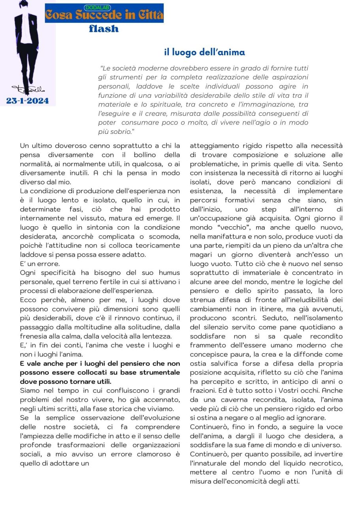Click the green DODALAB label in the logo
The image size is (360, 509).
click(98, 8)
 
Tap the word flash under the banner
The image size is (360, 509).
click(104, 28)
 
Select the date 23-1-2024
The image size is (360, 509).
click(28, 101)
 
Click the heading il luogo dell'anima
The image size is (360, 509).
click(205, 52)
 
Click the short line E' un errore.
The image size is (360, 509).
click(40, 264)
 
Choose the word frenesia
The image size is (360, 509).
click(34, 336)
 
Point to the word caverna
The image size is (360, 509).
click(222, 400)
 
